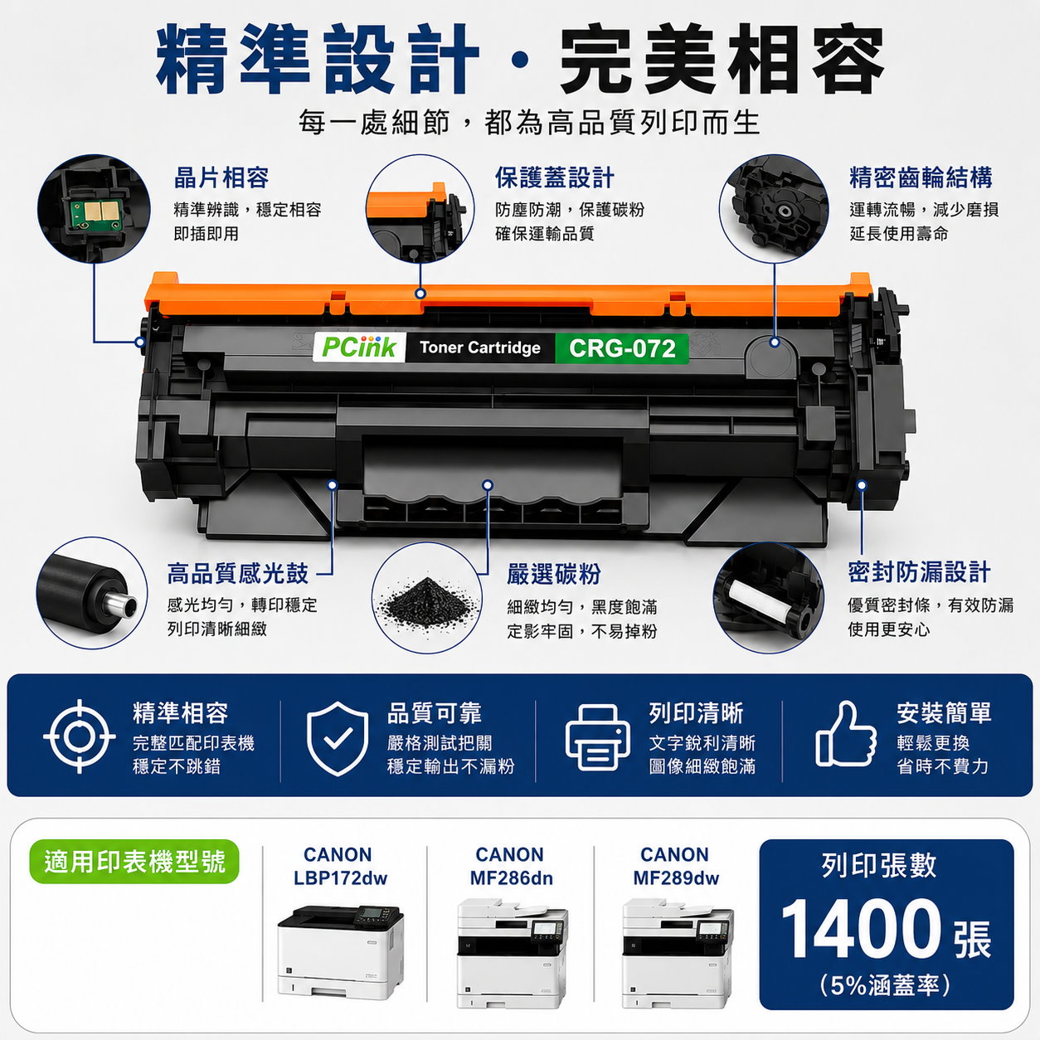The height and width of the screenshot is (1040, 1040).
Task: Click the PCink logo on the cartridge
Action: point(359,347)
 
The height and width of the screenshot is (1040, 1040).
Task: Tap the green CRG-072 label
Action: point(622,348)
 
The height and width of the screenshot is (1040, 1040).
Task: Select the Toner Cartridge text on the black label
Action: point(480,347)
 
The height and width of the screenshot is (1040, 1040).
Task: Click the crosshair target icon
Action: point(80,736)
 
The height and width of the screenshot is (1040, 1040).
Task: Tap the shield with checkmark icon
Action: point(338,738)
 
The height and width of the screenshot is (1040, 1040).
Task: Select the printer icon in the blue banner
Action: point(597,737)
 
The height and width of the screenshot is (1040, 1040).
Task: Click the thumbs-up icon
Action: point(845,734)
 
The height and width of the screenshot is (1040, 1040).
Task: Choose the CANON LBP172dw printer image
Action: point(341,951)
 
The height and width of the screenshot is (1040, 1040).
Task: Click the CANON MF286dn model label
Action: point(511,866)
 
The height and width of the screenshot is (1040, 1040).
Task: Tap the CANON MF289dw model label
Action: point(676,866)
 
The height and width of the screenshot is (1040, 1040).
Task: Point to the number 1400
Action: point(862,929)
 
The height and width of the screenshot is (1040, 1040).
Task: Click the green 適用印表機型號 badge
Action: point(134,862)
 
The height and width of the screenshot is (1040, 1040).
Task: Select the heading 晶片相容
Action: point(221,177)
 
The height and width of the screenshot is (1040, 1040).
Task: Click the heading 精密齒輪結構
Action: point(921,177)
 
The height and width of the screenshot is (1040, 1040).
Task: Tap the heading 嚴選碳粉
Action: point(553,574)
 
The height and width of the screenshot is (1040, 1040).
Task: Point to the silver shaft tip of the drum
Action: point(122,601)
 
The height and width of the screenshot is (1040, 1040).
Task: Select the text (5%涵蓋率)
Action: point(885,985)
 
